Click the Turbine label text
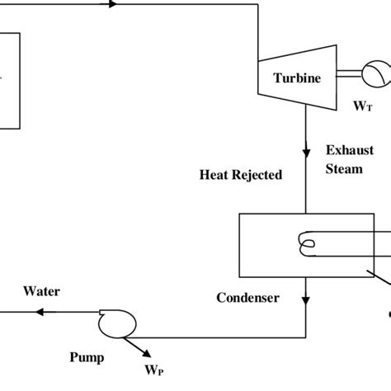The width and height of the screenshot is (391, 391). (297, 78)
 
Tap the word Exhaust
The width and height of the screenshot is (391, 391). (350, 150)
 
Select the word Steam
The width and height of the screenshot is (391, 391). (344, 169)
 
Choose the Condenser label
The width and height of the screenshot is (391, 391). (247, 298)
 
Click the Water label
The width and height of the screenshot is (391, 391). (41, 291)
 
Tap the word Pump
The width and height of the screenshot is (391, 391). (87, 358)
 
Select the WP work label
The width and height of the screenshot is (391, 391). (154, 370)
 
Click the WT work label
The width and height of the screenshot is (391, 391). (363, 106)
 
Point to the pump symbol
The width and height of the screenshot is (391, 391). (117, 323)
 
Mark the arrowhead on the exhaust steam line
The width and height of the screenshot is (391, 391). (306, 153)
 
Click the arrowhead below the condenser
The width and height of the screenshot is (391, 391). (306, 300)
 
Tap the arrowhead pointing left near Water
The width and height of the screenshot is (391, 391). (40, 312)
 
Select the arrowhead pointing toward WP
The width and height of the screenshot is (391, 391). (147, 353)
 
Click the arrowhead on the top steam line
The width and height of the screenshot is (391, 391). (113, 4)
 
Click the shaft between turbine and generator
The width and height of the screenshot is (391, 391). (349, 73)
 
